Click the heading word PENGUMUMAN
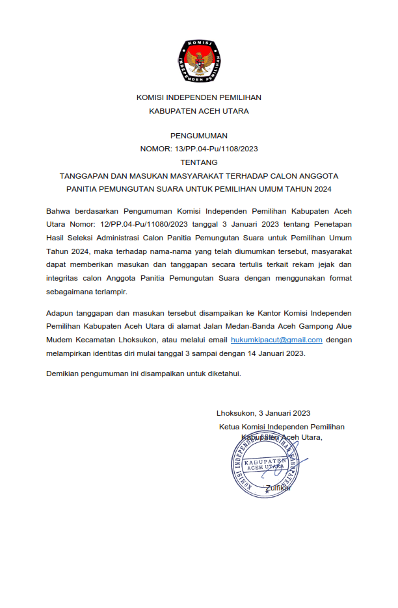pyautogui.click(x=199, y=136)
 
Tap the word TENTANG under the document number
pyautogui.click(x=199, y=162)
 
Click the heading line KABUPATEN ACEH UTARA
pyautogui.click(x=199, y=110)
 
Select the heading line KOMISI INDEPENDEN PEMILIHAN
pyautogui.click(x=199, y=97)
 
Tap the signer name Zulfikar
pyautogui.click(x=279, y=488)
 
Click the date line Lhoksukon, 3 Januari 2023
pyautogui.click(x=263, y=413)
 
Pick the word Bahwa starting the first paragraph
pyautogui.click(x=59, y=211)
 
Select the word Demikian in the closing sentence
pyautogui.click(x=64, y=374)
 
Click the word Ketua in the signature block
pyautogui.click(x=230, y=427)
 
